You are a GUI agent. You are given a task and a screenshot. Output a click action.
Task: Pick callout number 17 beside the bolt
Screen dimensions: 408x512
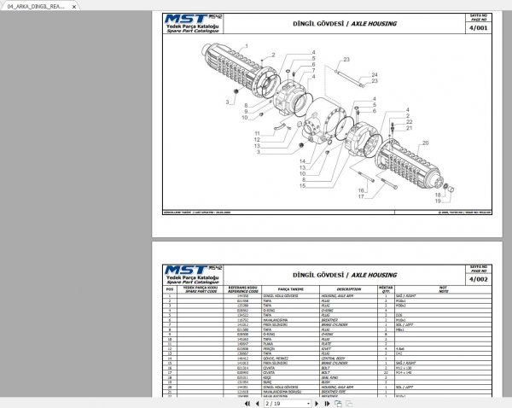pyautogui.click(x=360, y=197)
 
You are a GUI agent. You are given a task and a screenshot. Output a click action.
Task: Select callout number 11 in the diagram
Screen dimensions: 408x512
pyautogui.click(x=257, y=133)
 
